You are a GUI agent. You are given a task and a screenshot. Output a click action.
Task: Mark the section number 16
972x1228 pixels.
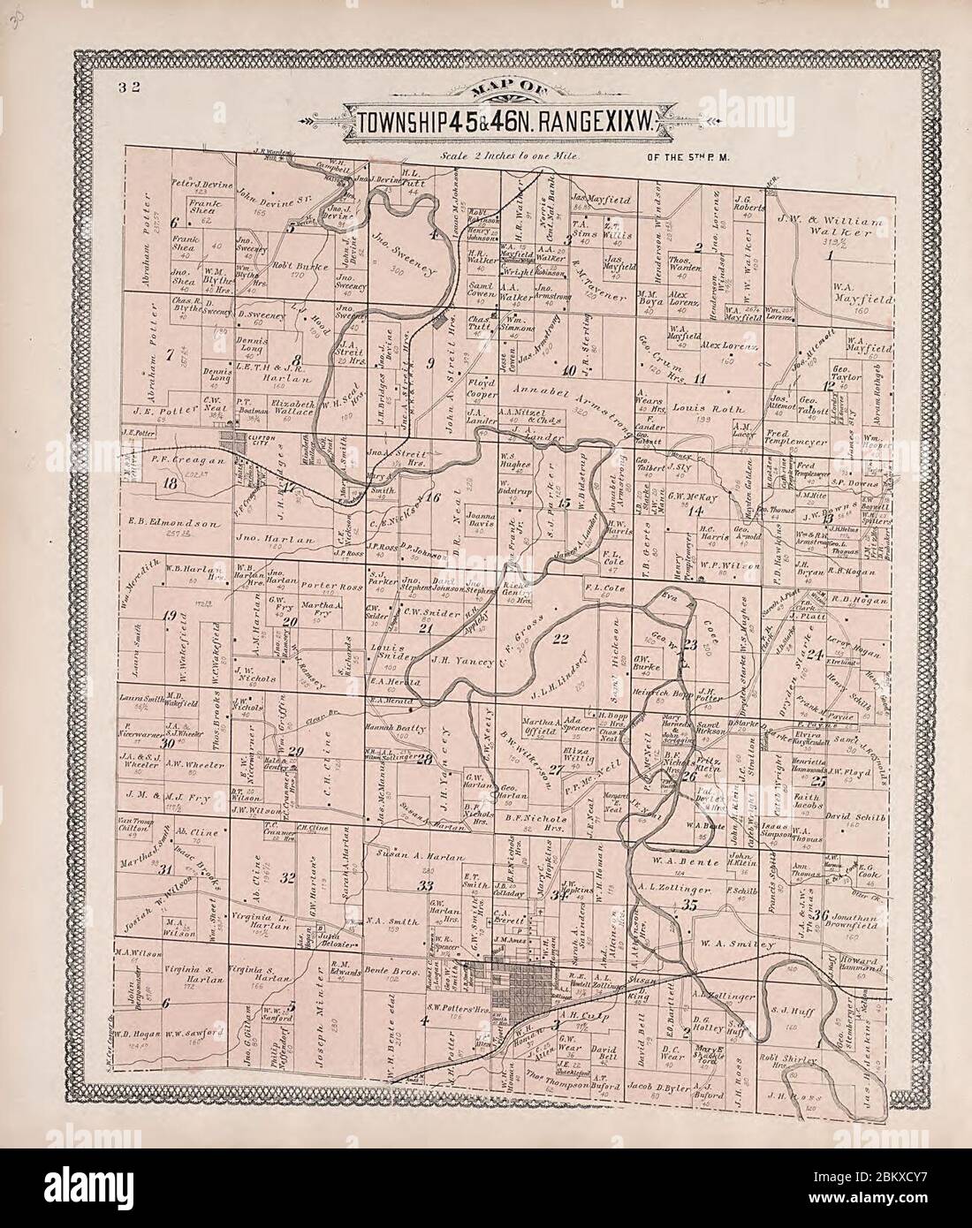click(432, 497)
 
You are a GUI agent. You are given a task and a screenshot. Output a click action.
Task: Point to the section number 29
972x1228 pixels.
click(296, 752)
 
